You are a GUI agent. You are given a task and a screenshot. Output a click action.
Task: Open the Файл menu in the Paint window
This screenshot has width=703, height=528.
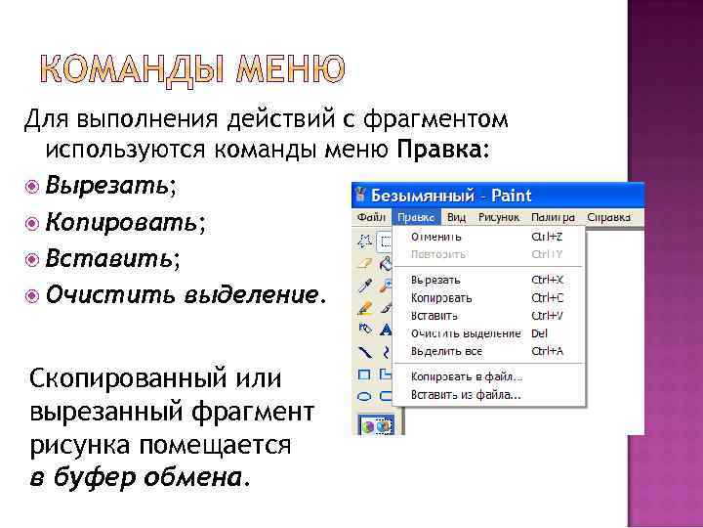(x=371, y=217)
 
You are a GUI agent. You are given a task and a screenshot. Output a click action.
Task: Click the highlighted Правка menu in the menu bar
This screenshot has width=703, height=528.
(x=416, y=217)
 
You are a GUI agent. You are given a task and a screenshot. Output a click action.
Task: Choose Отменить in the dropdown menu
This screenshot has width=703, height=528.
(x=436, y=237)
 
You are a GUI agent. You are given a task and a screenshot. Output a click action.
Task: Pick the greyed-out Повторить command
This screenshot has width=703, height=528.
(x=438, y=254)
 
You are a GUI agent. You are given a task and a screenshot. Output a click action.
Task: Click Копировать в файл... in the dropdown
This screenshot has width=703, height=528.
(x=466, y=376)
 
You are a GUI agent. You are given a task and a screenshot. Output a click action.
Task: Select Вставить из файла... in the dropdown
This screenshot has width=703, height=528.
(x=466, y=395)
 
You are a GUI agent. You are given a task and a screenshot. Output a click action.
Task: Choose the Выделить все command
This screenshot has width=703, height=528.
(x=447, y=351)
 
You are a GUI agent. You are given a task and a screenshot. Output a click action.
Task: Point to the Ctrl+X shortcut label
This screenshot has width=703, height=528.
(x=547, y=280)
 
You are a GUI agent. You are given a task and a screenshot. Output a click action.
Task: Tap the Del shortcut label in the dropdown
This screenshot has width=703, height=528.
(x=539, y=333)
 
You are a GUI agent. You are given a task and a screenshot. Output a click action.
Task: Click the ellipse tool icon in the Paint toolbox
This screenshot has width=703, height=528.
(x=364, y=396)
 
